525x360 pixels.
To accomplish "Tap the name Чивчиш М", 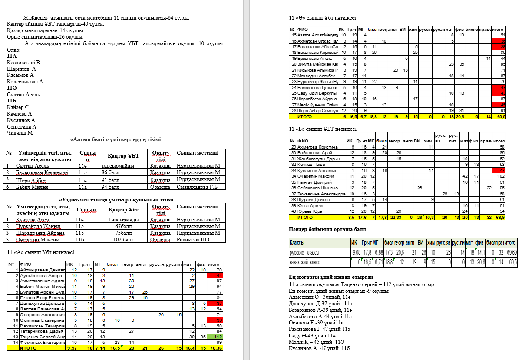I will click(x=20, y=133).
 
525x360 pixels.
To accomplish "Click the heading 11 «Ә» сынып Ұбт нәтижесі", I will click(x=322, y=18).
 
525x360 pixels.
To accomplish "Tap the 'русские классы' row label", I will click(x=305, y=253).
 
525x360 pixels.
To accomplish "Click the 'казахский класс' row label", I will click(x=305, y=262).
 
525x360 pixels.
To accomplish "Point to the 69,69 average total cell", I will click(x=510, y=253).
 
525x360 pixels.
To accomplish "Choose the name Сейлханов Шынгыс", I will click(x=315, y=188).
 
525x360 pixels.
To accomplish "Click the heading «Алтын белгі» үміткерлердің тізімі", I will click(x=116, y=139).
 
